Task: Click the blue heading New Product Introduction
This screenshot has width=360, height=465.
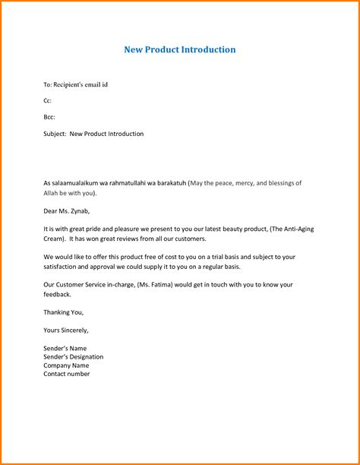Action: (x=180, y=49)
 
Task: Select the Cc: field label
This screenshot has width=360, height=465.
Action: (x=48, y=100)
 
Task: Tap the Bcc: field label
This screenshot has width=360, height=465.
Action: (x=49, y=117)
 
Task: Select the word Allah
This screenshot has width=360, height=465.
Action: (x=52, y=192)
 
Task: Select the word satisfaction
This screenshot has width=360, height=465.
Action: (x=63, y=266)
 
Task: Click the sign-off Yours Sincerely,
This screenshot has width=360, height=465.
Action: (x=67, y=330)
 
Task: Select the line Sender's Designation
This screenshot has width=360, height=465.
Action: (x=74, y=356)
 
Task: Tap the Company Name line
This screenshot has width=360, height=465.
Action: (x=68, y=365)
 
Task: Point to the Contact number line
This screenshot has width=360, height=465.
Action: (x=67, y=374)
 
